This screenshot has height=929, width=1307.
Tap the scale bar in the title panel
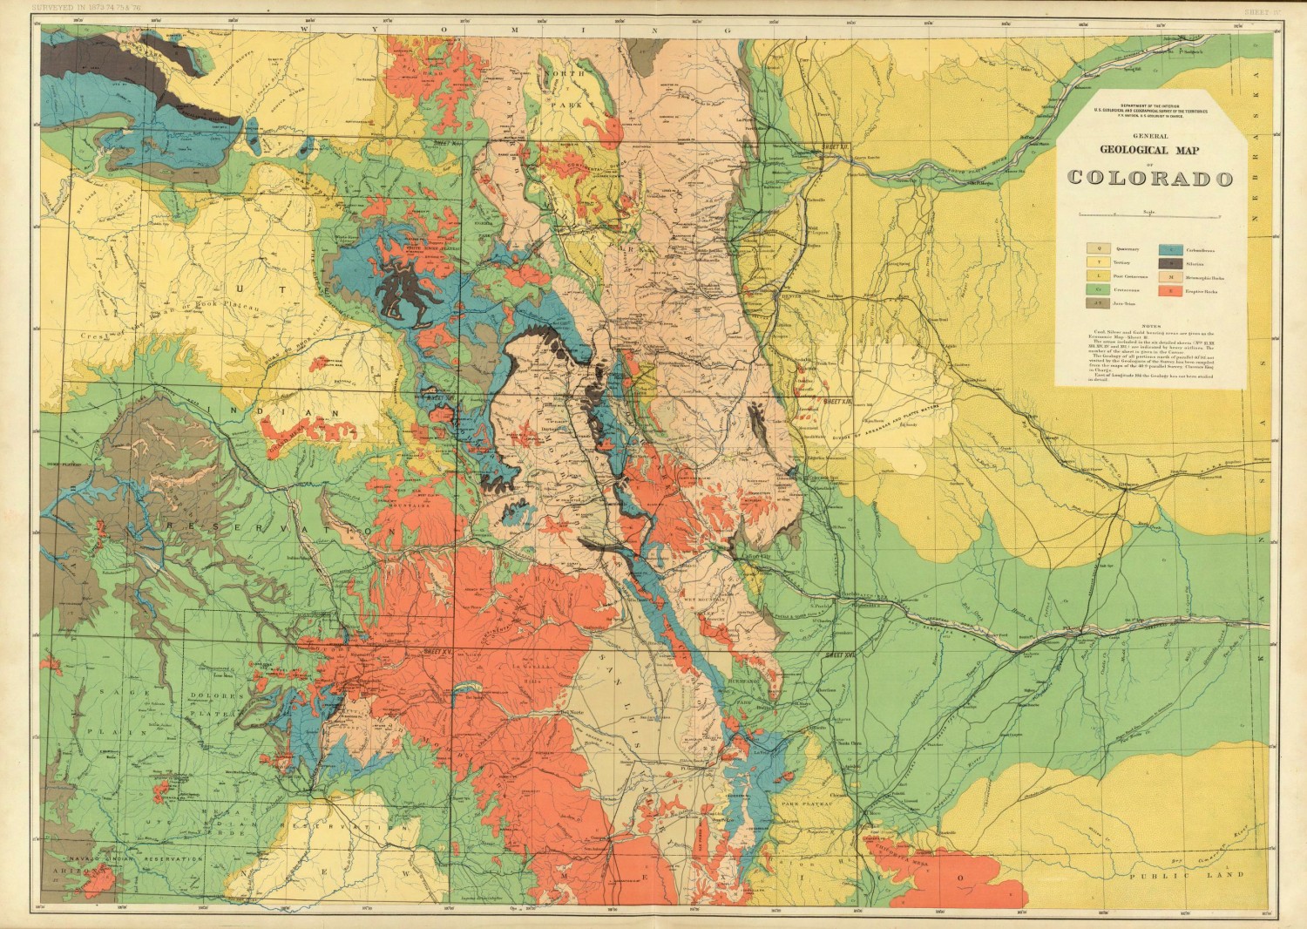click(1149, 214)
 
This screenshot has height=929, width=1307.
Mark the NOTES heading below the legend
click(1148, 324)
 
